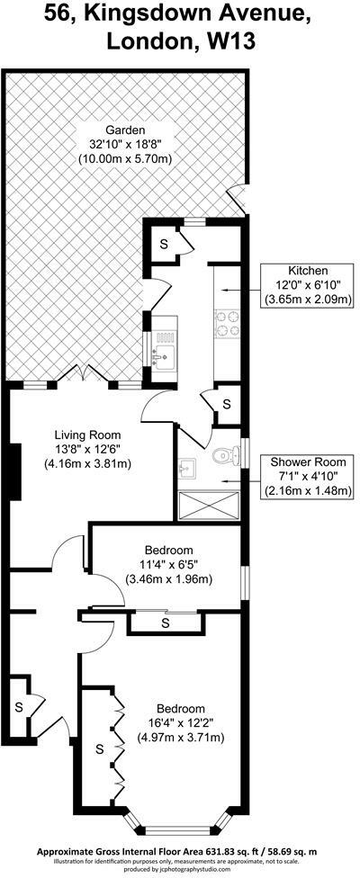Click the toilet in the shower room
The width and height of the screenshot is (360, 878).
tap(224, 456)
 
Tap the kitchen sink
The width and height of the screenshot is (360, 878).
tap(166, 354)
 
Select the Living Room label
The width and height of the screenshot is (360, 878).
tap(87, 435)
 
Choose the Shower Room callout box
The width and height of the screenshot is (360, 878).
tap(309, 478)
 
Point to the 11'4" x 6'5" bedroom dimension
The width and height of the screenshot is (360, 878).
tap(169, 564)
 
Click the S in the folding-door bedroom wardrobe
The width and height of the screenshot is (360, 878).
tap(101, 748)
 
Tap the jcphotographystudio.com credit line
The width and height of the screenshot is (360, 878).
tap(179, 870)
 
